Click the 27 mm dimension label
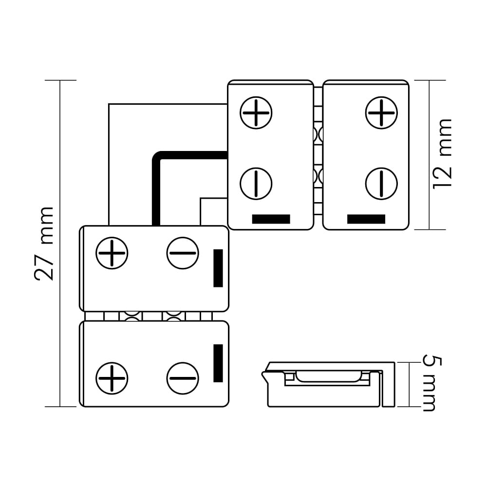click(44, 243)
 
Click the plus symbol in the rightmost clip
click(381, 112)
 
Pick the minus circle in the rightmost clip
click(381, 184)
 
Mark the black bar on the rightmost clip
click(366, 219)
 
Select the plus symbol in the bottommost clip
click(112, 378)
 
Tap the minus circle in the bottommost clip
click(183, 378)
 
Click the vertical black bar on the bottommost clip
click(218, 363)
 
